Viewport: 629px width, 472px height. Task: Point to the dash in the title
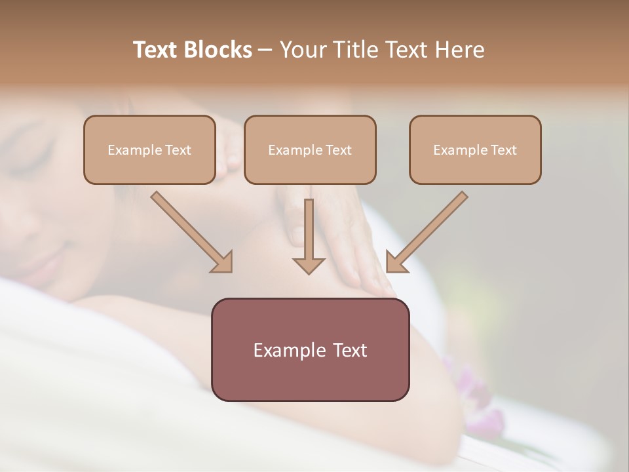pyautogui.click(x=265, y=50)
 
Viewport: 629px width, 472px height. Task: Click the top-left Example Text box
pyautogui.click(x=149, y=149)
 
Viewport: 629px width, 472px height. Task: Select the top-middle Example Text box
pyautogui.click(x=310, y=149)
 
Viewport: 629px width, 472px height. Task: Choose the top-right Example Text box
pyautogui.click(x=475, y=149)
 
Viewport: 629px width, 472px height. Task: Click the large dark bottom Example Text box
pyautogui.click(x=310, y=349)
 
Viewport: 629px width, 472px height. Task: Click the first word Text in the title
pyautogui.click(x=157, y=50)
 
